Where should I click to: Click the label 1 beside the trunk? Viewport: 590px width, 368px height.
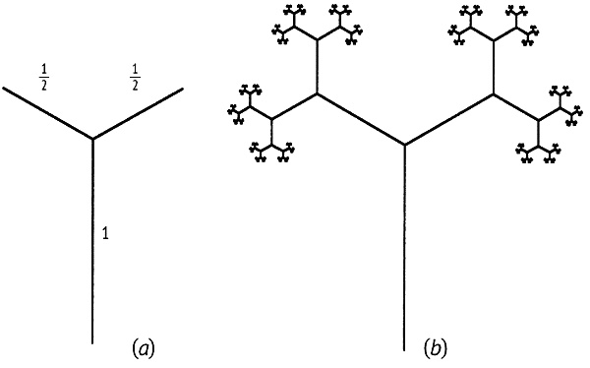click(x=106, y=234)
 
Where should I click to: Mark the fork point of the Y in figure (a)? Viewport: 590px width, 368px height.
click(x=92, y=139)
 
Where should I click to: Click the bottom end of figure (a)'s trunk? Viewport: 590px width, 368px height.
click(x=92, y=343)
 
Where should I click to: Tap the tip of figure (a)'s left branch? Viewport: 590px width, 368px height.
click(x=3, y=88)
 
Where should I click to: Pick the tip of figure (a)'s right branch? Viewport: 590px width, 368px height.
click(x=183, y=89)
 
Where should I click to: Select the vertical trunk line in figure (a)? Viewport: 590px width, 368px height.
click(x=92, y=241)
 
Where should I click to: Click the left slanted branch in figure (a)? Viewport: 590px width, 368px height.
click(x=48, y=113)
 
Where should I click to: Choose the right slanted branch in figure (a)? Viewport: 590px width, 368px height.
click(x=138, y=114)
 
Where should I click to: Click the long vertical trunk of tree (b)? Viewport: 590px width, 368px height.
click(x=404, y=248)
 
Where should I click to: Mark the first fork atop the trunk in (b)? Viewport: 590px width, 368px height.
click(x=404, y=145)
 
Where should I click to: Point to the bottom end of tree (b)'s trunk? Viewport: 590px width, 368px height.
click(x=404, y=350)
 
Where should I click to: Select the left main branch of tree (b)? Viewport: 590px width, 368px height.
click(x=361, y=119)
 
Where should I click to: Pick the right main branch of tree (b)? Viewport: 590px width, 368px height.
click(x=449, y=119)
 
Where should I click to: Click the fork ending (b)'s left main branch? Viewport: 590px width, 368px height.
click(x=317, y=93)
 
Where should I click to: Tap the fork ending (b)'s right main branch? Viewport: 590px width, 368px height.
click(x=494, y=93)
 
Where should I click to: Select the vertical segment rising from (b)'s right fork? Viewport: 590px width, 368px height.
click(x=494, y=67)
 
